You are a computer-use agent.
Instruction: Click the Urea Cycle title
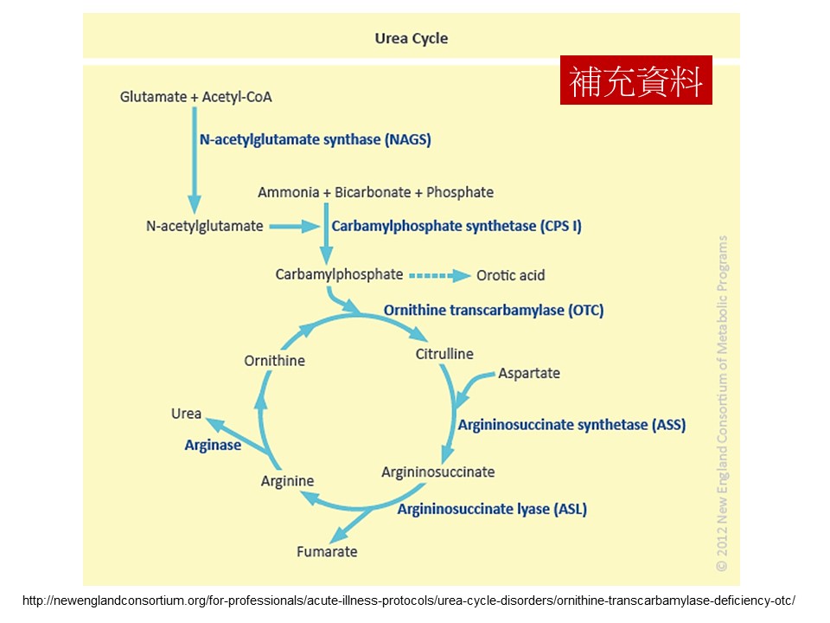pyautogui.click(x=411, y=38)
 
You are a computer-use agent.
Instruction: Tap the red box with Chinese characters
pyautogui.click(x=635, y=80)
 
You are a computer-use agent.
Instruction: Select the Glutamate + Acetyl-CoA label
pyautogui.click(x=195, y=97)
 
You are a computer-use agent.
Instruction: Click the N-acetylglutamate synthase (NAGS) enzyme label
pyautogui.click(x=315, y=138)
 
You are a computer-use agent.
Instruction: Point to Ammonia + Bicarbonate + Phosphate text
pyautogui.click(x=375, y=192)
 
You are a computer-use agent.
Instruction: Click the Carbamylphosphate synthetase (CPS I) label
pyautogui.click(x=456, y=226)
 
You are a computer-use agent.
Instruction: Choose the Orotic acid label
pyautogui.click(x=511, y=275)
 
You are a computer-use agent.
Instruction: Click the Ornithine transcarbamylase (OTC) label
pyautogui.click(x=494, y=310)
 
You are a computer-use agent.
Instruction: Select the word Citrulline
pyautogui.click(x=444, y=354)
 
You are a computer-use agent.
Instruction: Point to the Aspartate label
pyautogui.click(x=529, y=373)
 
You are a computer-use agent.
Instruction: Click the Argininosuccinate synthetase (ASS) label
pyautogui.click(x=571, y=425)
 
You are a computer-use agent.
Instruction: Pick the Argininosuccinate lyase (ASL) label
pyautogui.click(x=492, y=509)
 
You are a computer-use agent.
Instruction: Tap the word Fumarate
pyautogui.click(x=327, y=551)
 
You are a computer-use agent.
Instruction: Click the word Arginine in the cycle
pyautogui.click(x=287, y=481)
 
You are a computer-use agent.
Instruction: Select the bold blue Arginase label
pyautogui.click(x=213, y=445)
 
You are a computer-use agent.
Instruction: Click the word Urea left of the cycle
pyautogui.click(x=186, y=414)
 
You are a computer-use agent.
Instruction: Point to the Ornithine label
pyautogui.click(x=275, y=360)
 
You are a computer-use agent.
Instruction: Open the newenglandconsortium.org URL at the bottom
pyautogui.click(x=408, y=600)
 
